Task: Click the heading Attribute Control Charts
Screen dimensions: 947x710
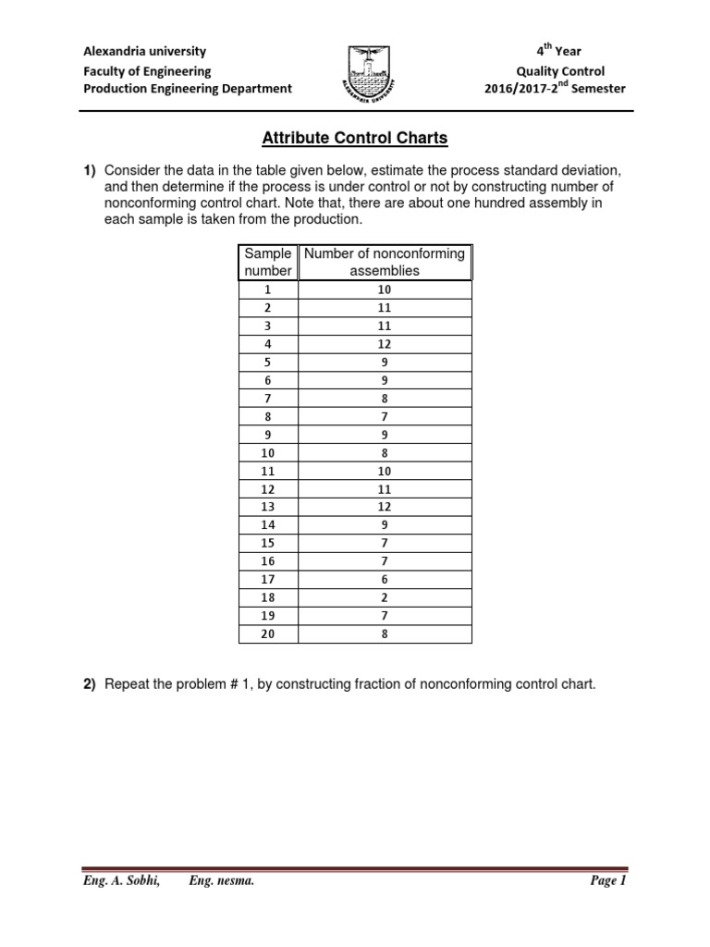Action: coord(355,139)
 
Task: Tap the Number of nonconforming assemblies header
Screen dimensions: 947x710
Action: coord(385,262)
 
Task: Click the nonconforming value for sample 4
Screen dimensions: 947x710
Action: coord(385,344)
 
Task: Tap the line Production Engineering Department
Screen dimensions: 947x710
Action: coord(188,89)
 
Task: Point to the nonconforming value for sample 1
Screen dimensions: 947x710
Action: coord(385,289)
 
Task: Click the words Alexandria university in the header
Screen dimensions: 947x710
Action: coord(145,52)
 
